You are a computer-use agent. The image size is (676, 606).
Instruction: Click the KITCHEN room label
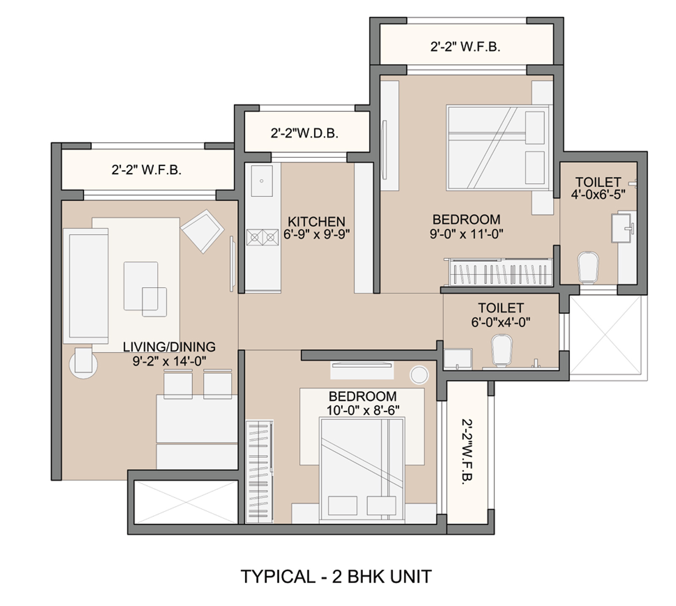pyautogui.click(x=316, y=221)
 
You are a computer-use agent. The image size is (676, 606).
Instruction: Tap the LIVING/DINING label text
pyautogui.click(x=169, y=347)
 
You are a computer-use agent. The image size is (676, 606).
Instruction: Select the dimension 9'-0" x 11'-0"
pyautogui.click(x=466, y=234)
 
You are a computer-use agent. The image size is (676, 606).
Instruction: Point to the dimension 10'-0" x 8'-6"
pyautogui.click(x=363, y=410)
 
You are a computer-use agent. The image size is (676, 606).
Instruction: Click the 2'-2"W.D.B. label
pyautogui.click(x=305, y=133)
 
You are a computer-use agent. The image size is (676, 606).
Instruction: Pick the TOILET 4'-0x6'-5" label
pyautogui.click(x=598, y=188)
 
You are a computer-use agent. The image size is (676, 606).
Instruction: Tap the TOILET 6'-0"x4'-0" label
pyautogui.click(x=501, y=315)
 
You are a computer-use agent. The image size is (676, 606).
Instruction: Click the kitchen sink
pyautogui.click(x=262, y=181)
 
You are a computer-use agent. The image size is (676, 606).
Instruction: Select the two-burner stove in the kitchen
pyautogui.click(x=262, y=237)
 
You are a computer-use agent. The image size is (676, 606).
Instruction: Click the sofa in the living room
pyautogui.click(x=86, y=286)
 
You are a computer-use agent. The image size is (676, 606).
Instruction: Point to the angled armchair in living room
pyautogui.click(x=202, y=231)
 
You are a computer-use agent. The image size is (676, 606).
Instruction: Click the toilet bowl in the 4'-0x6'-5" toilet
pyautogui.click(x=588, y=268)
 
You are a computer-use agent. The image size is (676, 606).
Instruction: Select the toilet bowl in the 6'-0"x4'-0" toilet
pyautogui.click(x=502, y=350)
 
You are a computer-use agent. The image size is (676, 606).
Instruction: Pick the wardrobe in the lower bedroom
pyautogui.click(x=259, y=472)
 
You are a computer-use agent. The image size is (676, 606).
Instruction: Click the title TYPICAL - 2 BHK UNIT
pyautogui.click(x=336, y=576)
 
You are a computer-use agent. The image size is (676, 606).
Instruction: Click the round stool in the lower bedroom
pyautogui.click(x=419, y=375)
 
